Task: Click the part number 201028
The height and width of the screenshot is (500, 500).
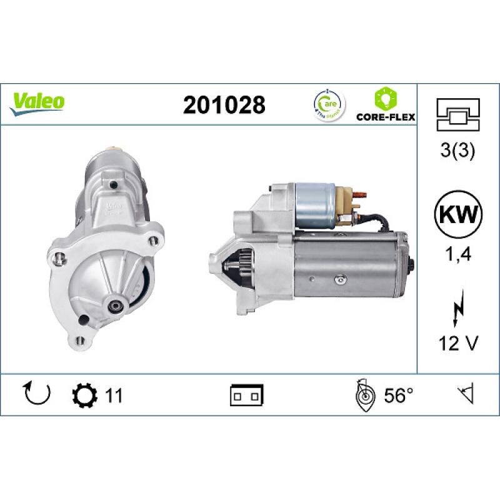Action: [x=224, y=105]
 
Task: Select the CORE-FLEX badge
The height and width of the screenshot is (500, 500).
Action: [x=386, y=105]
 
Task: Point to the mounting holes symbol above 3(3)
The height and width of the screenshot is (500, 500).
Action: [x=459, y=114]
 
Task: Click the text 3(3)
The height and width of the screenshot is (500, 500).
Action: [x=459, y=151]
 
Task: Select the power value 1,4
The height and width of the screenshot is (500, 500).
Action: [x=459, y=254]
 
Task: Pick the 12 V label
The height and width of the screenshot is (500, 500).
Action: [x=459, y=344]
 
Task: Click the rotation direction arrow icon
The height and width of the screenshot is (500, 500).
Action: [x=36, y=393]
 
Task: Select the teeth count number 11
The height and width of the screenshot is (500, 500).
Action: [x=113, y=395]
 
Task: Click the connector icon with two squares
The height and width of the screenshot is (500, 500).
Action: [x=247, y=395]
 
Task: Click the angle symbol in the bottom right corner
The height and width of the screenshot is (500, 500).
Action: [x=466, y=394]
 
